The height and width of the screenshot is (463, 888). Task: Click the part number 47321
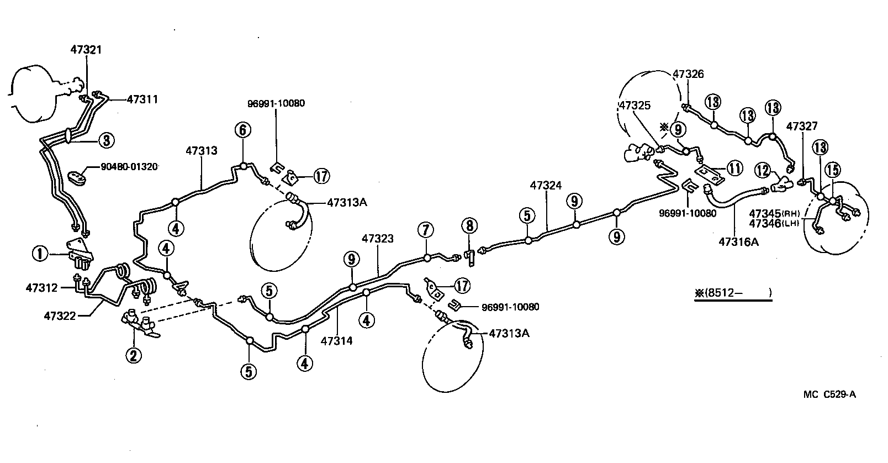point(86,50)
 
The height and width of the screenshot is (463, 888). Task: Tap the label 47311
point(142,100)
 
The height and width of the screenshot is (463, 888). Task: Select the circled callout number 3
point(106,140)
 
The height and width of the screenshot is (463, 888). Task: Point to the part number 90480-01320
point(129,166)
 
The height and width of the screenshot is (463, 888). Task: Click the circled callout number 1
point(40,254)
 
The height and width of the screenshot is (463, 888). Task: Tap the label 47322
point(60,315)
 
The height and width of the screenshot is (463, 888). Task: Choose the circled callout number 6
point(242,130)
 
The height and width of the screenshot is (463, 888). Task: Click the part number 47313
point(201,151)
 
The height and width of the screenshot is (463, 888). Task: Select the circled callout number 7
point(426,229)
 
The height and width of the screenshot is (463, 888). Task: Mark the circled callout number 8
point(469,225)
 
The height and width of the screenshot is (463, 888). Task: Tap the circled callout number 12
point(763,171)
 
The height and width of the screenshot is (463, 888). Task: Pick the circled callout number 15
point(832,170)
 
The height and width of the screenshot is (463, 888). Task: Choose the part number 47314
point(336,341)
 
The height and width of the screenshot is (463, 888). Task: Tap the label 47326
point(688,74)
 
